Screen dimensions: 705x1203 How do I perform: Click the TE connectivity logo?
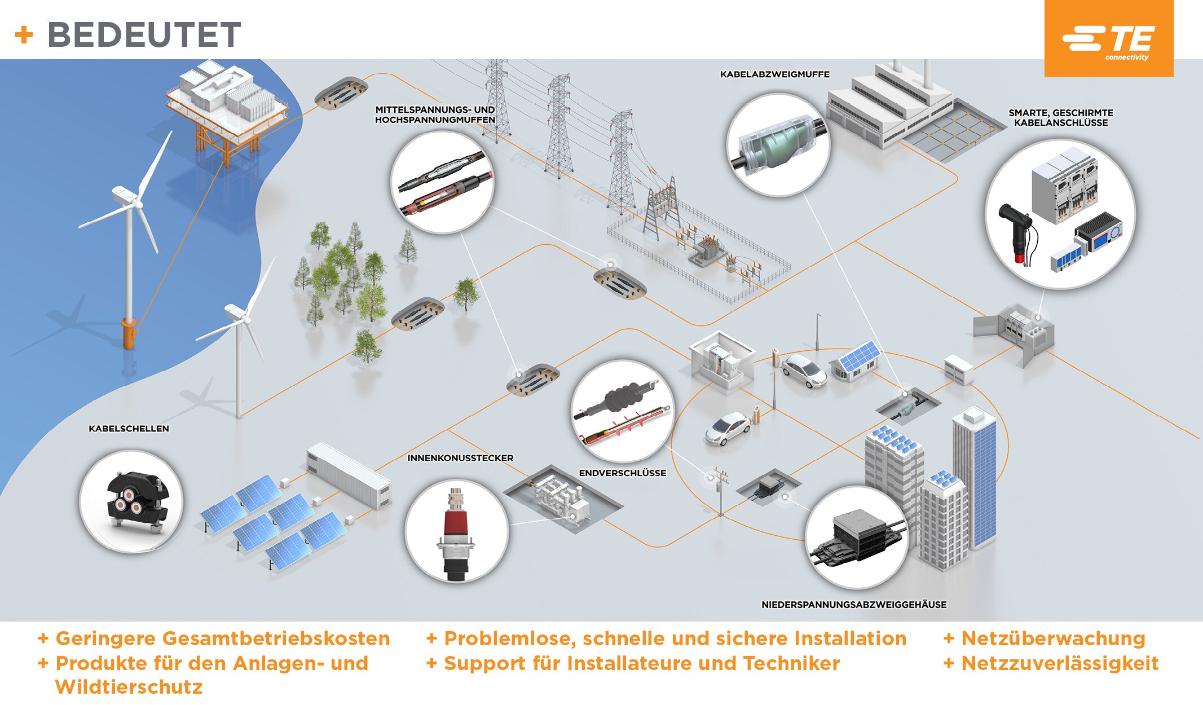tap(1109, 39)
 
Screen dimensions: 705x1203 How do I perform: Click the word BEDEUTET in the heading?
tap(144, 35)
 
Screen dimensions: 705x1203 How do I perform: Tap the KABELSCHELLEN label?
tap(129, 429)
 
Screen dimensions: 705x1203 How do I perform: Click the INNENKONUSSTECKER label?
tap(460, 458)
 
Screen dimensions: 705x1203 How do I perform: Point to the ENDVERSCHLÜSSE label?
tap(622, 473)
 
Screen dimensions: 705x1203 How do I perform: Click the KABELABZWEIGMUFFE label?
tap(774, 74)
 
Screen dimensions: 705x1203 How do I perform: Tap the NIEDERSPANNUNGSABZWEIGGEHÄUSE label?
tap(854, 605)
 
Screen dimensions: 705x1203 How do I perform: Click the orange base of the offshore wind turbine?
tap(129, 333)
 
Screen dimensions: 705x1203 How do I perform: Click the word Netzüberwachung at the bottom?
tap(1053, 638)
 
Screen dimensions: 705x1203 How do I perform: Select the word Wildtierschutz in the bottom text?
tap(129, 687)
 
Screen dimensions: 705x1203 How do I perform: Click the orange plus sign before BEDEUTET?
tap(24, 35)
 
